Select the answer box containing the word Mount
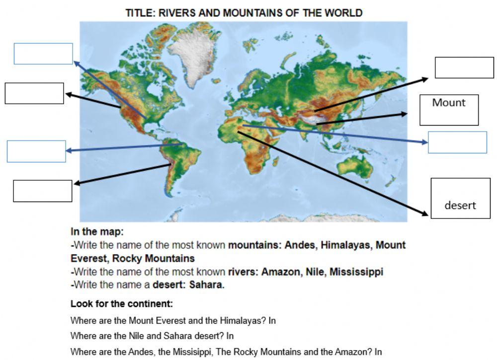[449, 110]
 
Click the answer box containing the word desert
[460, 198]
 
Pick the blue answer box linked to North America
[43, 54]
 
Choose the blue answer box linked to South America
[36, 151]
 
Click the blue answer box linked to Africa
[457, 142]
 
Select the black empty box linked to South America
[43, 191]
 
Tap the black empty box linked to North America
[34, 93]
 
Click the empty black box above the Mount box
[464, 68]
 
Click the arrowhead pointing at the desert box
[425, 214]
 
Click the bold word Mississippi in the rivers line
[356, 272]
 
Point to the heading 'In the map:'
[97, 231]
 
